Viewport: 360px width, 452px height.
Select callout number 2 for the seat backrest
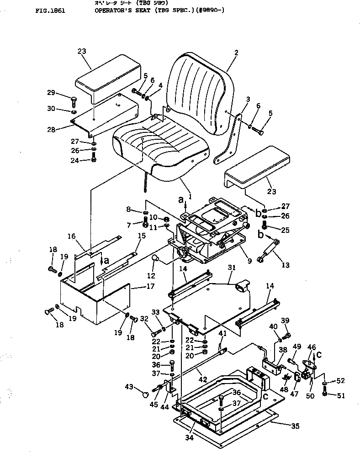coord(236,53)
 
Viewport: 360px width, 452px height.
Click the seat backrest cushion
coord(199,91)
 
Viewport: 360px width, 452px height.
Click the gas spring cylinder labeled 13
coord(270,251)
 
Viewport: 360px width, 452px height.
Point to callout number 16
coord(71,236)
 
